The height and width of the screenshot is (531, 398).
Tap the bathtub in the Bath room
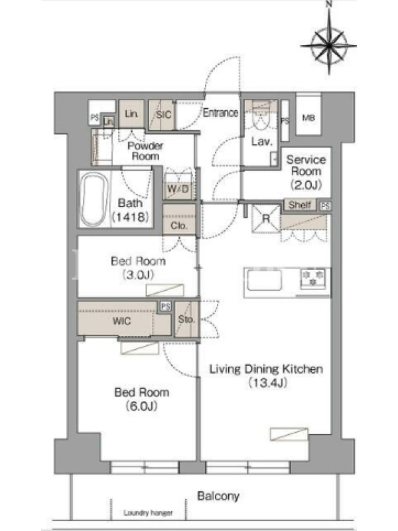(x=96, y=200)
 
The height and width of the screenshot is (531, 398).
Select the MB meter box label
(x=308, y=118)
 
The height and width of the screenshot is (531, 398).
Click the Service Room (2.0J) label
(x=306, y=172)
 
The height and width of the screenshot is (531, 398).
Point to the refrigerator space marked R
(x=267, y=219)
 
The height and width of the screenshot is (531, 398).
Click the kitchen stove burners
(x=312, y=278)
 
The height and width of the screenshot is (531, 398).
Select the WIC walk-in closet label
(x=121, y=321)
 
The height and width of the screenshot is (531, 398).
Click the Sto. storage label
(x=186, y=319)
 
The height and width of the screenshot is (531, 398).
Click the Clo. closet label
(x=179, y=225)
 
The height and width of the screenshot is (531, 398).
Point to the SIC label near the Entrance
(x=163, y=115)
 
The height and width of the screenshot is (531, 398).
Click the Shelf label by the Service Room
(x=300, y=204)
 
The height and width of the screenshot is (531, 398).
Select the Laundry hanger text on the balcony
(x=148, y=512)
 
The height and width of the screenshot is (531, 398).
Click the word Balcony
(x=218, y=496)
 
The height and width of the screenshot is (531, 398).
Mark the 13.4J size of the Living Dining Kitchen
(x=268, y=383)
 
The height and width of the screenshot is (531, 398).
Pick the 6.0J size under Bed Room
(x=141, y=406)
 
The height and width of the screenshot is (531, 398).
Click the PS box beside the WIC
(x=165, y=307)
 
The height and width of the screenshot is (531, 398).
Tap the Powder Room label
(x=145, y=151)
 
